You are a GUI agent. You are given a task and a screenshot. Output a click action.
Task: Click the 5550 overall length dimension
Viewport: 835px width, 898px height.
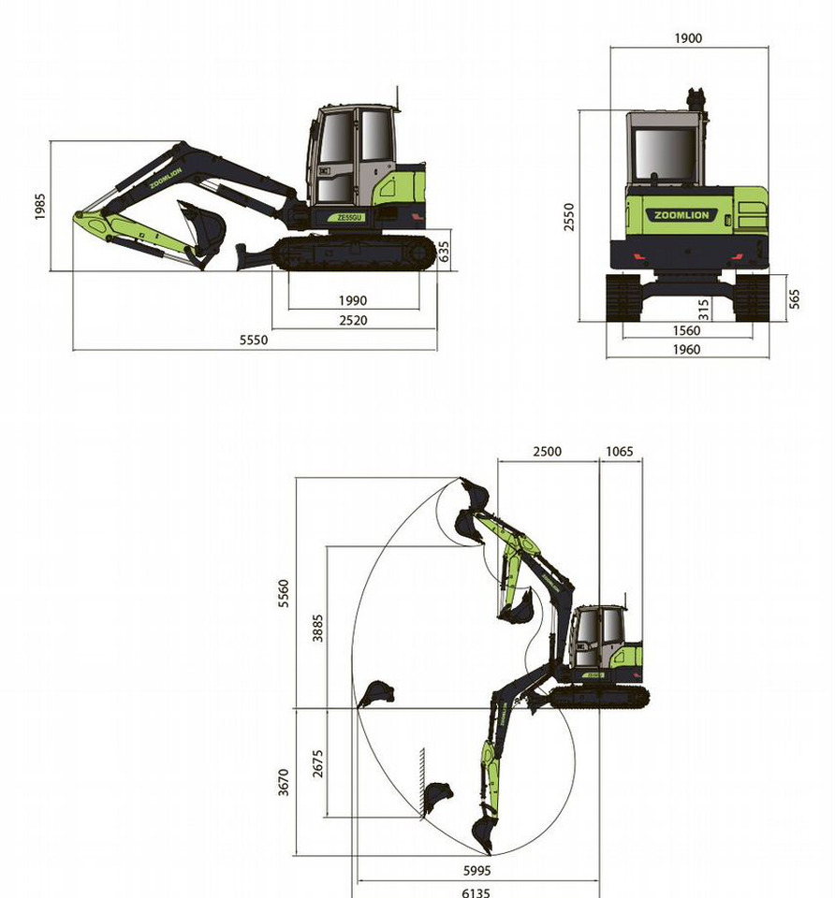click(254, 340)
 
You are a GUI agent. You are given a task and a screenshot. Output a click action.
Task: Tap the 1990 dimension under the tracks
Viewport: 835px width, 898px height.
click(353, 300)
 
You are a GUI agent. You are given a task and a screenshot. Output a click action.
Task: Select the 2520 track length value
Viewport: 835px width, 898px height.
click(353, 320)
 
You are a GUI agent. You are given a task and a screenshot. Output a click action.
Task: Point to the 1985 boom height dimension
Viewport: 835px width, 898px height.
click(39, 207)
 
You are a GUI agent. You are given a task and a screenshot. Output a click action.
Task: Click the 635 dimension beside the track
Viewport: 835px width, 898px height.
click(444, 252)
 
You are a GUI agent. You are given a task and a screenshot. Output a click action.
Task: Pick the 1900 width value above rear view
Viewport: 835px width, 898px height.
click(688, 38)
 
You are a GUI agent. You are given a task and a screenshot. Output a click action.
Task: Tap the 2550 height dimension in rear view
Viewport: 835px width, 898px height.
click(568, 217)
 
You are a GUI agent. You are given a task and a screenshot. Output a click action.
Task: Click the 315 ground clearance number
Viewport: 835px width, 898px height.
click(704, 310)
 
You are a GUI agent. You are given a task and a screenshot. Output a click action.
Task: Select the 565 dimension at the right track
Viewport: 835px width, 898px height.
click(795, 299)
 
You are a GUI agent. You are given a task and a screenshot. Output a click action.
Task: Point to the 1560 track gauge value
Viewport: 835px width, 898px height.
click(686, 330)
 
